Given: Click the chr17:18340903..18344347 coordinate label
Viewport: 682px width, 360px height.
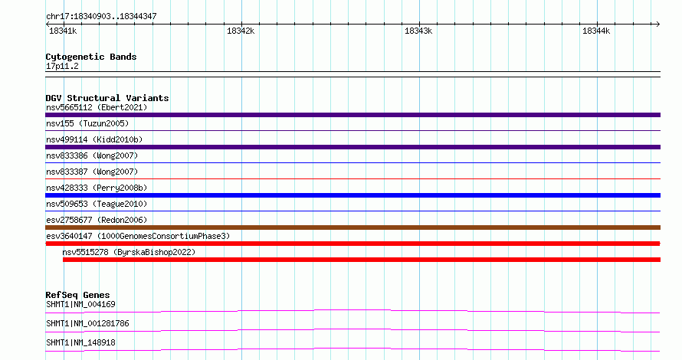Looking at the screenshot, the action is [101, 16].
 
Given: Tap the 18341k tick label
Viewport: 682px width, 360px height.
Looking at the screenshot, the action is [63, 31].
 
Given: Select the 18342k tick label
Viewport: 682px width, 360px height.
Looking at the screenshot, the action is [241, 31].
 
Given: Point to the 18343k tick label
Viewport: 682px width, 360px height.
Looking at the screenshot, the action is [418, 31].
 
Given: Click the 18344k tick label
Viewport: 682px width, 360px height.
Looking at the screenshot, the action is [596, 31].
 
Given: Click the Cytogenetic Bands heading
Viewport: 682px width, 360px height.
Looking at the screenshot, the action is [91, 57].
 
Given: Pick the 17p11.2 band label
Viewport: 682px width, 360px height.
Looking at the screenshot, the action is [62, 66].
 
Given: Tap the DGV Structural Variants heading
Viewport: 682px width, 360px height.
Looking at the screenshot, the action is [107, 98].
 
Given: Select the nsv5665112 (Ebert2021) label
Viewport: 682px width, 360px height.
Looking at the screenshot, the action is [97, 107].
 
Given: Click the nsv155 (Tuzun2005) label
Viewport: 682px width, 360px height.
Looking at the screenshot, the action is [87, 123].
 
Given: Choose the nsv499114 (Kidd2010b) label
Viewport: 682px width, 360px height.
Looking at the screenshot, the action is [94, 139].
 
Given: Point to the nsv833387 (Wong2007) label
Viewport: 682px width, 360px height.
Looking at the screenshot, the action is [92, 172].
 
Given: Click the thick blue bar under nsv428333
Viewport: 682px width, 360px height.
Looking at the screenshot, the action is [352, 195].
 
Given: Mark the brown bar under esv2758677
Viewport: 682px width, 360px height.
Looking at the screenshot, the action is [352, 227].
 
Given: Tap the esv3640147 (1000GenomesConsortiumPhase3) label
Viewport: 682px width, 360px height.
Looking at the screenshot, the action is [138, 236].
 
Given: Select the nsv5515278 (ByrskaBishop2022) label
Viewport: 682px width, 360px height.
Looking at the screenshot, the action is [129, 252].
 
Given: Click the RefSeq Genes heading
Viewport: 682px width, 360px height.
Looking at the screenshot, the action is [77, 295].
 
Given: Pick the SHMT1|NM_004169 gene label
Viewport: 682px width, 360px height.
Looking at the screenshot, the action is [81, 304].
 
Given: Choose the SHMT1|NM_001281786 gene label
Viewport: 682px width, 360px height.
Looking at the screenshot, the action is [87, 323].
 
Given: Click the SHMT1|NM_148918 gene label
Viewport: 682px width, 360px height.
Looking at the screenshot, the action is [81, 342].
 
